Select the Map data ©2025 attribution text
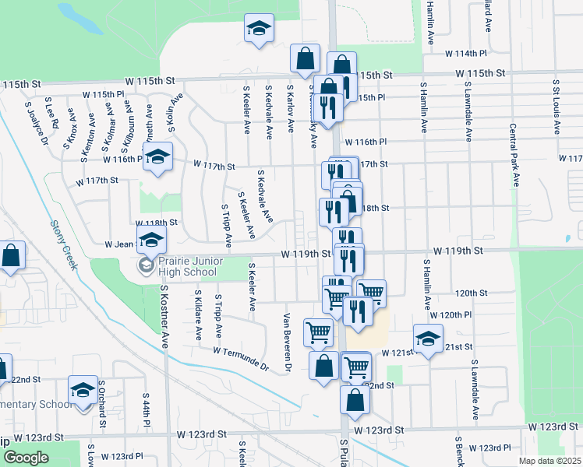tap(549, 461)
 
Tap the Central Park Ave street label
tap(514, 155)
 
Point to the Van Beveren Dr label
tap(287, 342)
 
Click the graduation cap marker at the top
tap(259, 30)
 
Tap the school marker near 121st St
tap(428, 339)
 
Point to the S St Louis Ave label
tap(556, 97)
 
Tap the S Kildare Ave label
tap(198, 316)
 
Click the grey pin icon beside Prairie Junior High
tap(145, 266)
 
